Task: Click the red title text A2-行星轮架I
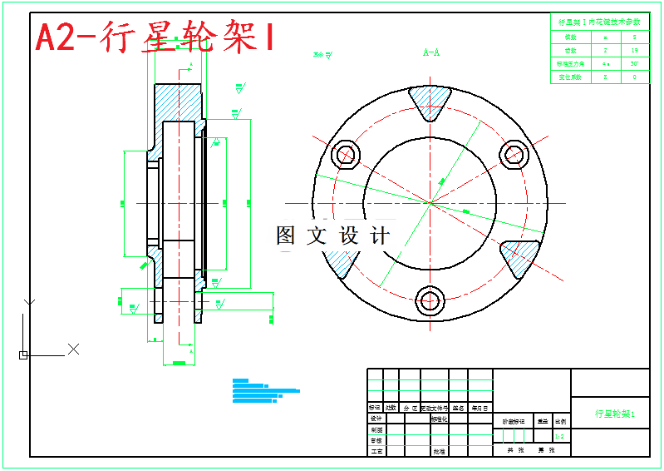pos(155,37)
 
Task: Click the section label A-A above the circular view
pos(431,53)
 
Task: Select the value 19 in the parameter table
pos(634,50)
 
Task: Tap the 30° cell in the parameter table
pos(634,63)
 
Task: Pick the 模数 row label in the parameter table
pos(570,37)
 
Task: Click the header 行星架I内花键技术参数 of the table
pos(599,22)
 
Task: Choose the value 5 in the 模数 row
pos(634,37)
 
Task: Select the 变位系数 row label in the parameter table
pos(570,77)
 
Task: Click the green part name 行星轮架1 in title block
pos(614,414)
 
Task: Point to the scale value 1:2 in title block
pos(559,435)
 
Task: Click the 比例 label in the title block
pos(561,422)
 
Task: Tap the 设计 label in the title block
pos(376,419)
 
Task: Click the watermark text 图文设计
pos(332,236)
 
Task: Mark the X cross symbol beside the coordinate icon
pos(73,349)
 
